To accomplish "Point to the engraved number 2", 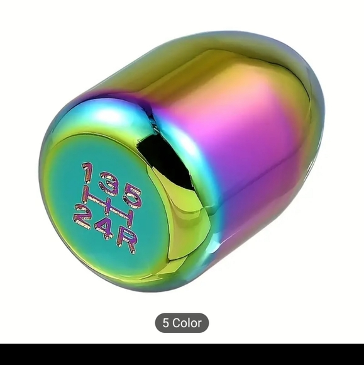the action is pos(82,216).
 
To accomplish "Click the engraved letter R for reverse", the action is pos(126,242).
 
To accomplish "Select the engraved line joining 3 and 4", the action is pos(107,206).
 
